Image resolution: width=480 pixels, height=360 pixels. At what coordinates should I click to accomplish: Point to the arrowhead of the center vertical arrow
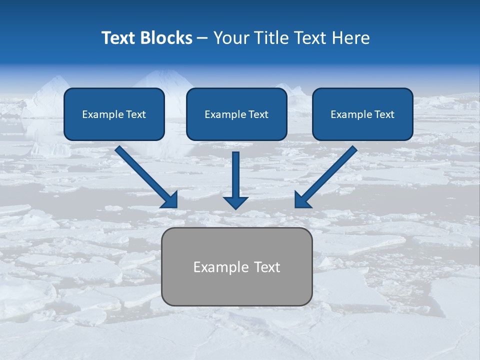(235, 202)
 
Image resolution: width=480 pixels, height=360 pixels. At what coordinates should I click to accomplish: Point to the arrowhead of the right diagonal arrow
(302, 200)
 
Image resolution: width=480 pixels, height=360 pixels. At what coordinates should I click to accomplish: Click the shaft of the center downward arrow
(235, 172)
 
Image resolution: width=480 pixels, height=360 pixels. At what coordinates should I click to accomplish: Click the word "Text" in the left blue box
(135, 114)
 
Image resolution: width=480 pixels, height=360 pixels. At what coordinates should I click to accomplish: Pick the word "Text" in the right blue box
(384, 114)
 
